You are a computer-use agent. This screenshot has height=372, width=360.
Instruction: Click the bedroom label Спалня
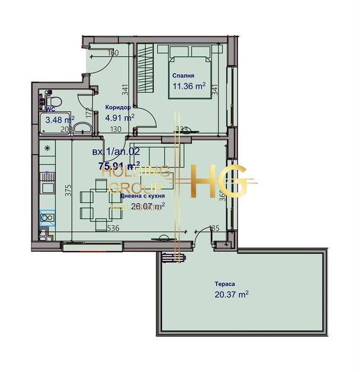pyautogui.click(x=183, y=76)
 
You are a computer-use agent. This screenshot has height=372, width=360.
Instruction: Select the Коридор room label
pyautogui.click(x=118, y=106)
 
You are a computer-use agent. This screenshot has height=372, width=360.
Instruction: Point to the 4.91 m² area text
pyautogui.click(x=120, y=118)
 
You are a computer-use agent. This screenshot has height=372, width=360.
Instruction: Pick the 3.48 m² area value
pyautogui.click(x=60, y=119)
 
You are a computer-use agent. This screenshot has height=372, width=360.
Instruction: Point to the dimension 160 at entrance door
pyautogui.click(x=112, y=53)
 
